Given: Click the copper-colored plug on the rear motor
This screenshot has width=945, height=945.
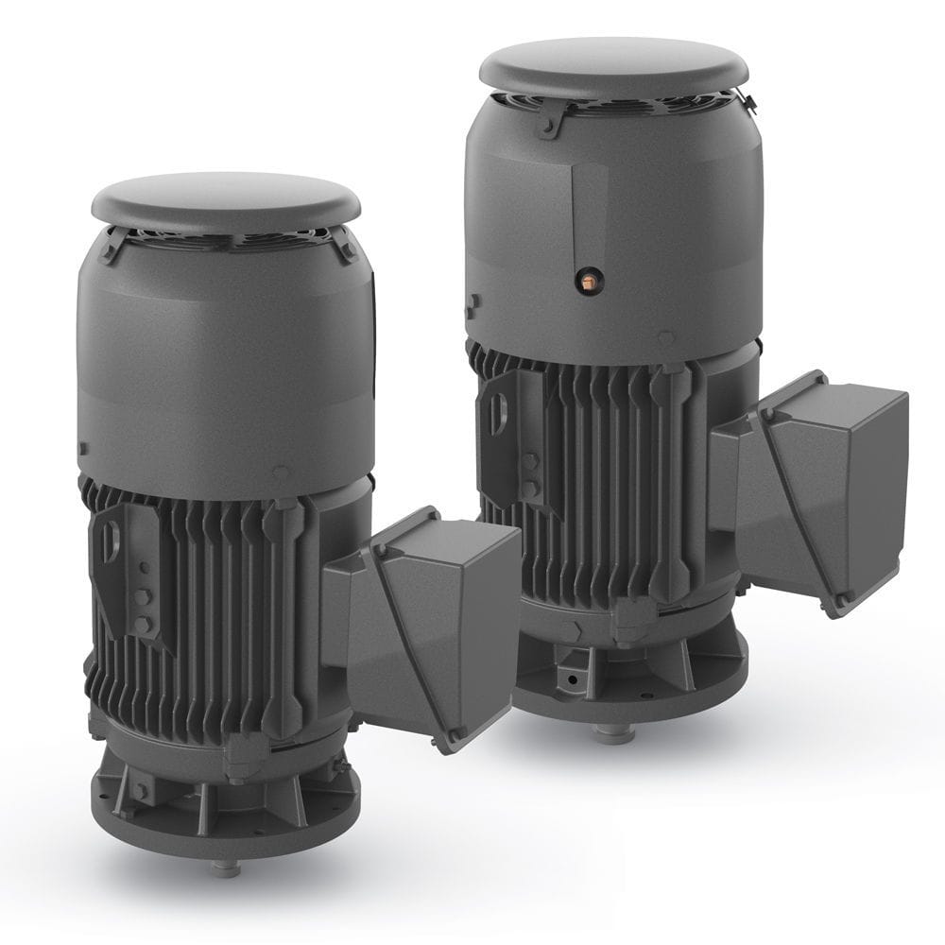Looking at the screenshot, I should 588,278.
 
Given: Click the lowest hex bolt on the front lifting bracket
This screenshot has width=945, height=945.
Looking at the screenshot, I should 142,625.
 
